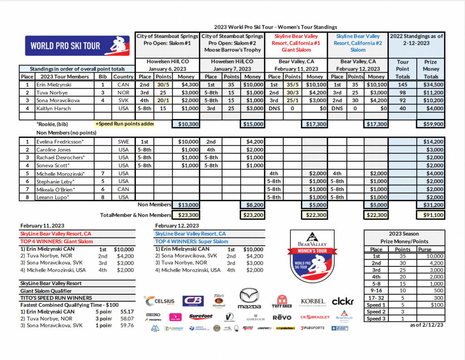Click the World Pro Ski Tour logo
click(x=77, y=46)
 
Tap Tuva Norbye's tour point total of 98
click(x=403, y=93)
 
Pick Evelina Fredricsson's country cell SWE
click(x=123, y=142)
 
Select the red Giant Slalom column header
click(x=297, y=43)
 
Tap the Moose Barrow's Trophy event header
click(x=232, y=50)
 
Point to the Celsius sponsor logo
click(x=159, y=301)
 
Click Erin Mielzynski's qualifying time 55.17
click(x=127, y=312)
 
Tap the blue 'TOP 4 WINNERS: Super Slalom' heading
click(x=192, y=242)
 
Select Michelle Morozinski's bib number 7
click(x=103, y=173)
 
